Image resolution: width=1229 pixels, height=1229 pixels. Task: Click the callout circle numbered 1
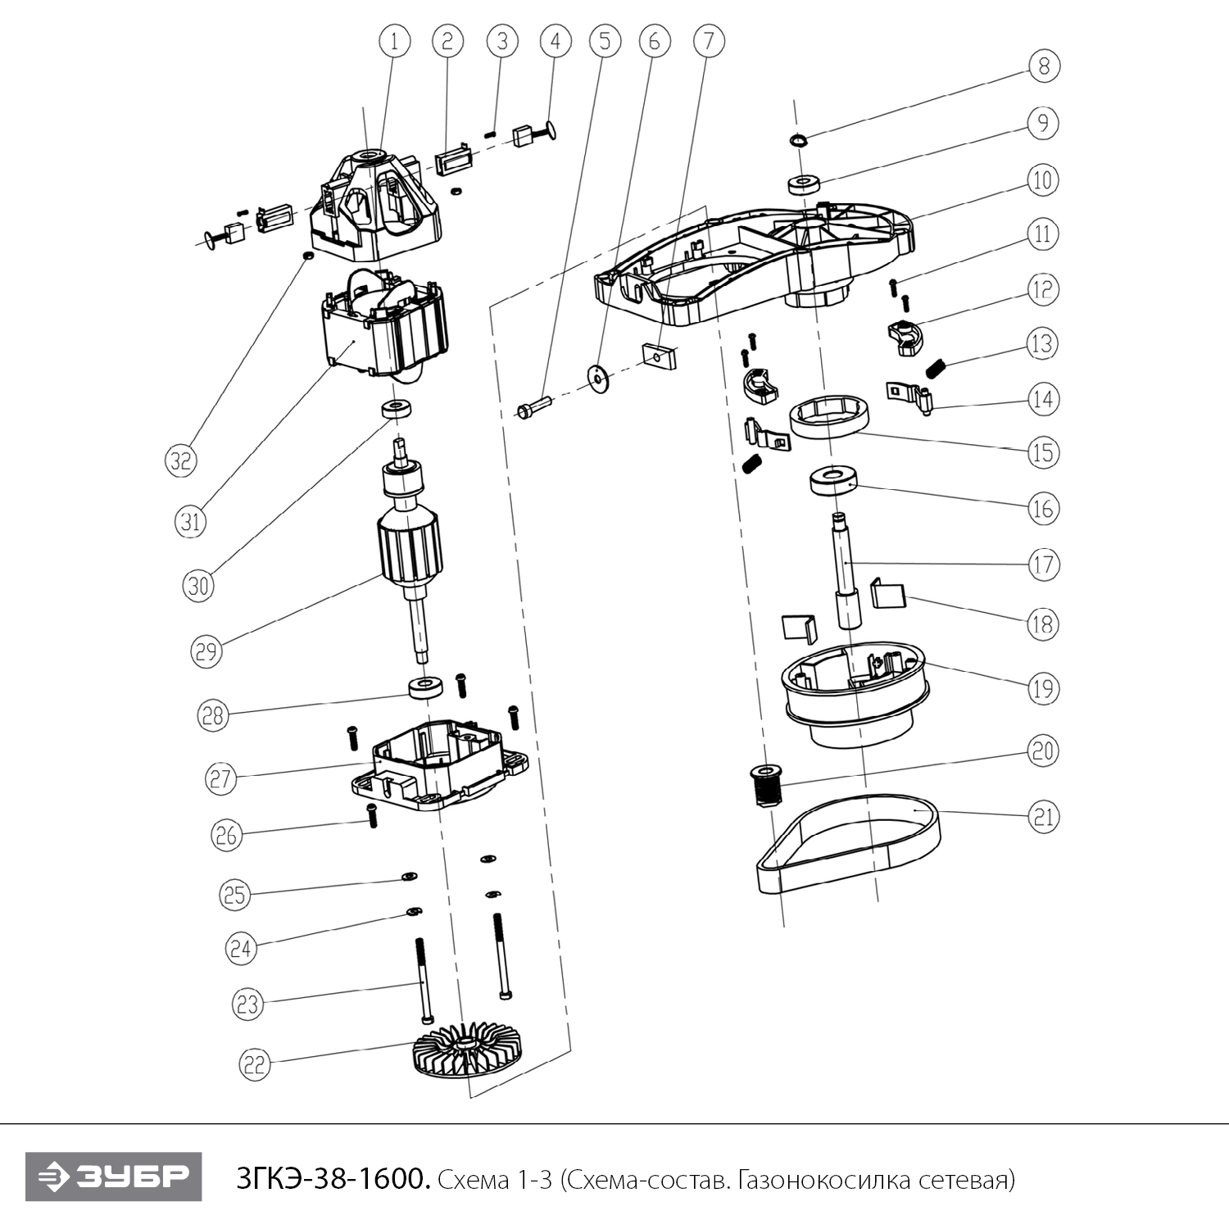click(394, 41)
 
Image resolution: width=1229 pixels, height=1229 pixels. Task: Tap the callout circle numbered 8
click(1043, 66)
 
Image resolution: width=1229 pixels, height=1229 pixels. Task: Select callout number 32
click(180, 460)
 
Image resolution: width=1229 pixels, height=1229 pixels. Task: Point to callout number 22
click(254, 1064)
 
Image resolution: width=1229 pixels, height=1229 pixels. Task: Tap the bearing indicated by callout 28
click(425, 687)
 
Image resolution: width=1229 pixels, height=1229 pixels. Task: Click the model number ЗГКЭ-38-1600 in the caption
click(332, 1179)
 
